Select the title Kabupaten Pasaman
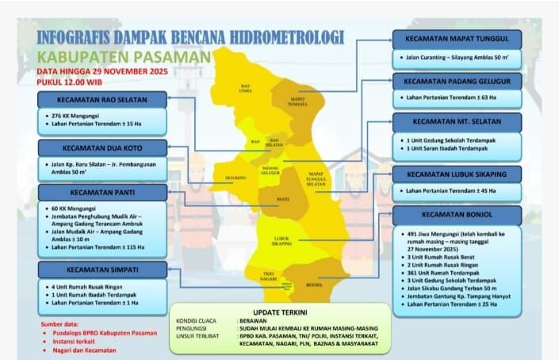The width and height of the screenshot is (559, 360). point(124,57)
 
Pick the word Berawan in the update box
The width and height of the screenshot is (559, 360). point(256,321)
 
